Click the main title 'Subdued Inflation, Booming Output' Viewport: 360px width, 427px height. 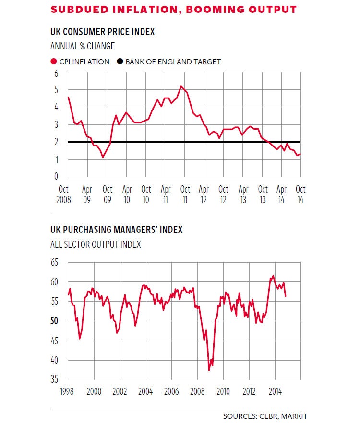click(x=173, y=10)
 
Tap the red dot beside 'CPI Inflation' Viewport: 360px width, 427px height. click(x=53, y=61)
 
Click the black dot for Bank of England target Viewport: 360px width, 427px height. click(x=118, y=61)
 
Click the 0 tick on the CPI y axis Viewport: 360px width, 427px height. click(x=56, y=176)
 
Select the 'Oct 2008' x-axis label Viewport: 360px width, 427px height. click(x=64, y=194)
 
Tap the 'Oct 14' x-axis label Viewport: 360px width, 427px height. click(x=300, y=194)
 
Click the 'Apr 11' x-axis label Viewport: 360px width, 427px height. click(x=166, y=194)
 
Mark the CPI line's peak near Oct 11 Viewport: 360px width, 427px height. click(x=181, y=86)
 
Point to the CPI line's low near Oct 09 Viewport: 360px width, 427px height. click(x=103, y=157)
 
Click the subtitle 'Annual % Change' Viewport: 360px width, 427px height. click(x=83, y=47)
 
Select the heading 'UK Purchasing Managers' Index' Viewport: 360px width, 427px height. click(x=116, y=230)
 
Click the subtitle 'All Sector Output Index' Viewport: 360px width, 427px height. click(x=96, y=244)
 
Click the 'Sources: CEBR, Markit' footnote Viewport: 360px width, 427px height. click(x=265, y=416)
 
